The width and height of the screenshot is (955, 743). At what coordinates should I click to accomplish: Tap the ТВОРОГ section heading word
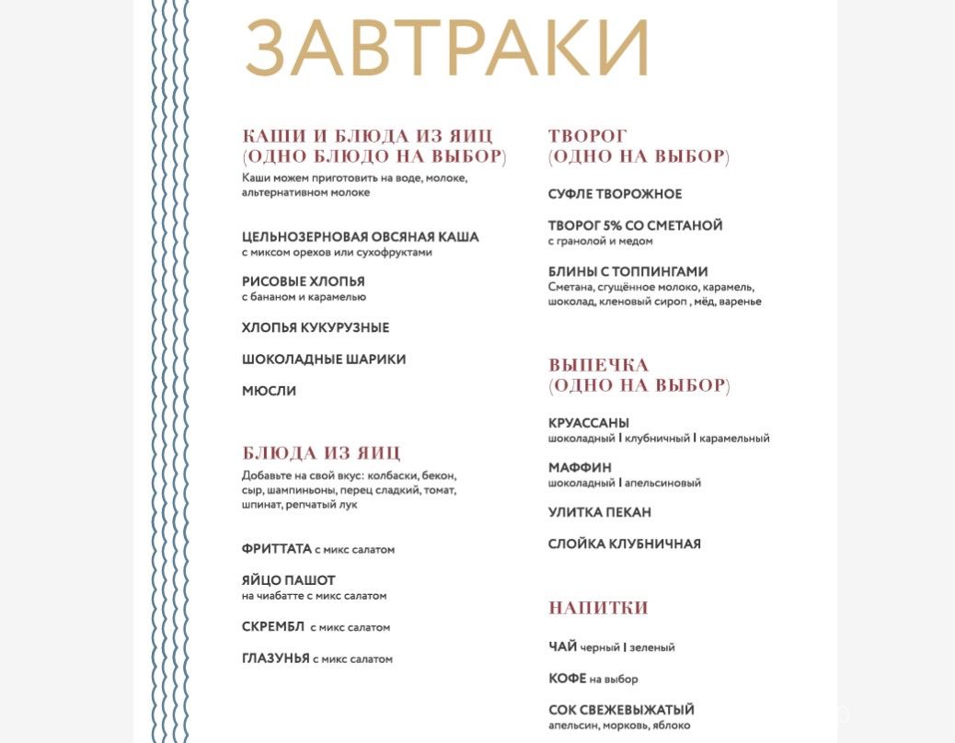588,136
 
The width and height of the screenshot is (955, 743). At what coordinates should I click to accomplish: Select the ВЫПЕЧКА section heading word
599,365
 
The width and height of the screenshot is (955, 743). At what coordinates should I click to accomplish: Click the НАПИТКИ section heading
599,608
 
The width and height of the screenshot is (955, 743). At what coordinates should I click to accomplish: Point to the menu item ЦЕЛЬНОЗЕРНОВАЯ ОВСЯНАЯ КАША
361,237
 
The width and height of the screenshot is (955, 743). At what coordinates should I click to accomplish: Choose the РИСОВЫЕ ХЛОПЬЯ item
304,281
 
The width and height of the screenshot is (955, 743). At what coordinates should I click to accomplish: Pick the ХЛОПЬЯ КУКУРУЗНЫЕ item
316,327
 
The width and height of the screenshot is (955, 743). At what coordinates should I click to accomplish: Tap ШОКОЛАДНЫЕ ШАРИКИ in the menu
324,359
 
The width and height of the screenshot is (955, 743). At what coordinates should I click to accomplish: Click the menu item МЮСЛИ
270,390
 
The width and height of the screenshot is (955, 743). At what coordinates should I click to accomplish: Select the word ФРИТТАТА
276,548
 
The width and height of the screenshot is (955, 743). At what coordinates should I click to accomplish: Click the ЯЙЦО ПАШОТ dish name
289,580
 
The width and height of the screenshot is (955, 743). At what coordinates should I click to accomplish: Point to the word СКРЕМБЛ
272,626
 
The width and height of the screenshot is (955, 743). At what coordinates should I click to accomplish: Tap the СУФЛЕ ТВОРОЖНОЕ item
616,194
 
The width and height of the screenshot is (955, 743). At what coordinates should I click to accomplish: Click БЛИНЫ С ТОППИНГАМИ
628,271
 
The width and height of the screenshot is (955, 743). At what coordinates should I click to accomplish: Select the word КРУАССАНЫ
589,423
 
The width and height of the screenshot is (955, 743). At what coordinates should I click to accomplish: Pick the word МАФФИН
580,467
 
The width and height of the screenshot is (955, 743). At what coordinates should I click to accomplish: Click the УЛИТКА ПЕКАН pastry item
600,512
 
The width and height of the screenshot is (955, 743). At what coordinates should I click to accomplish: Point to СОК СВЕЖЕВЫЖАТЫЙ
621,710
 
